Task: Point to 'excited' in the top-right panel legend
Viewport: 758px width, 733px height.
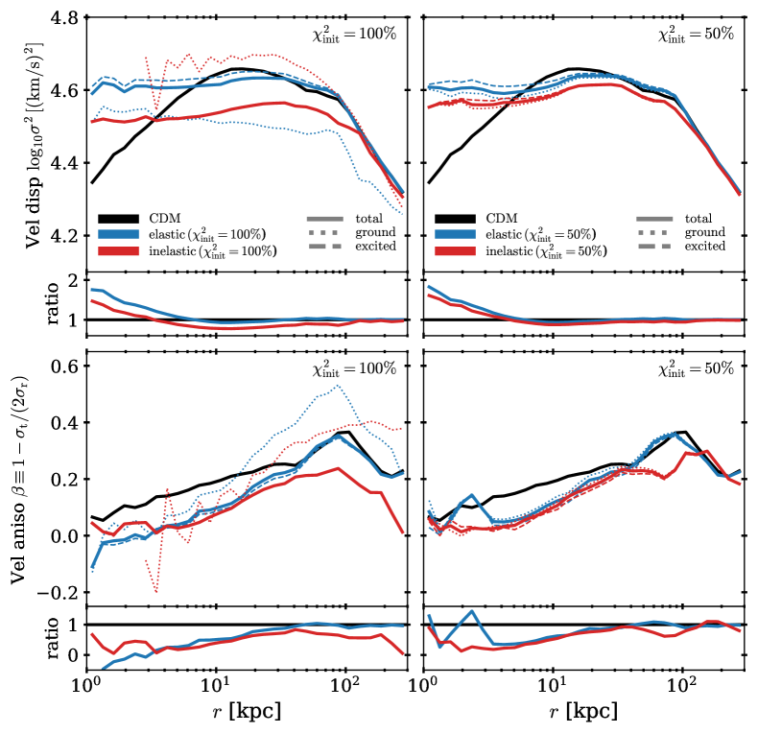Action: click(705, 247)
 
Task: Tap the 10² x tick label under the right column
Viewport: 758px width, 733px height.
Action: click(682, 687)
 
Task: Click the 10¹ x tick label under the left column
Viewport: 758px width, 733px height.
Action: click(216, 687)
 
